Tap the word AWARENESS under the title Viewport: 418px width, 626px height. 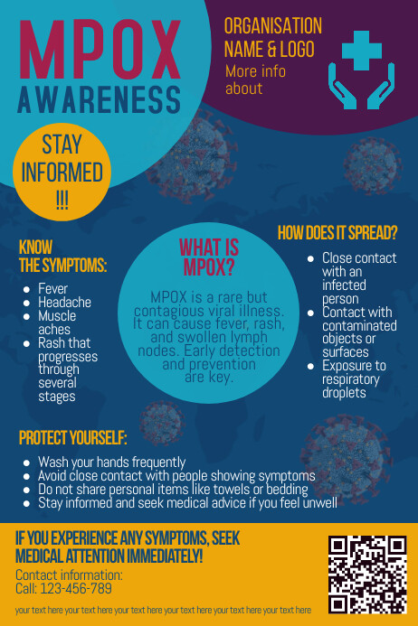click(x=99, y=100)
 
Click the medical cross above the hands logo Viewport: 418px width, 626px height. click(x=362, y=49)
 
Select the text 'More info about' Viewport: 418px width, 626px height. click(x=255, y=79)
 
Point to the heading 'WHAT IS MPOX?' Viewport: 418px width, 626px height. click(x=209, y=257)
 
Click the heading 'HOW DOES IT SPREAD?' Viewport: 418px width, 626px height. click(x=337, y=233)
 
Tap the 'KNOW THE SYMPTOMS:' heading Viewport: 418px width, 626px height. click(x=62, y=256)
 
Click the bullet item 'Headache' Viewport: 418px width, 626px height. click(x=64, y=303)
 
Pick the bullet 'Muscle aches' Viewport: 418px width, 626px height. click(x=58, y=322)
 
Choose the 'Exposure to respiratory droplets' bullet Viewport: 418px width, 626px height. click(x=354, y=379)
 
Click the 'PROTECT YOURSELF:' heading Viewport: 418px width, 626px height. click(x=72, y=439)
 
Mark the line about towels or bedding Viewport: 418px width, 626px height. click(x=173, y=490)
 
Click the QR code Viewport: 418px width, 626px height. click(x=367, y=574)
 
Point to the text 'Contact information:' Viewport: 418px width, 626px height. click(x=69, y=575)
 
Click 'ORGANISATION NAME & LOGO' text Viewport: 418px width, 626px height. click(x=272, y=36)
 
